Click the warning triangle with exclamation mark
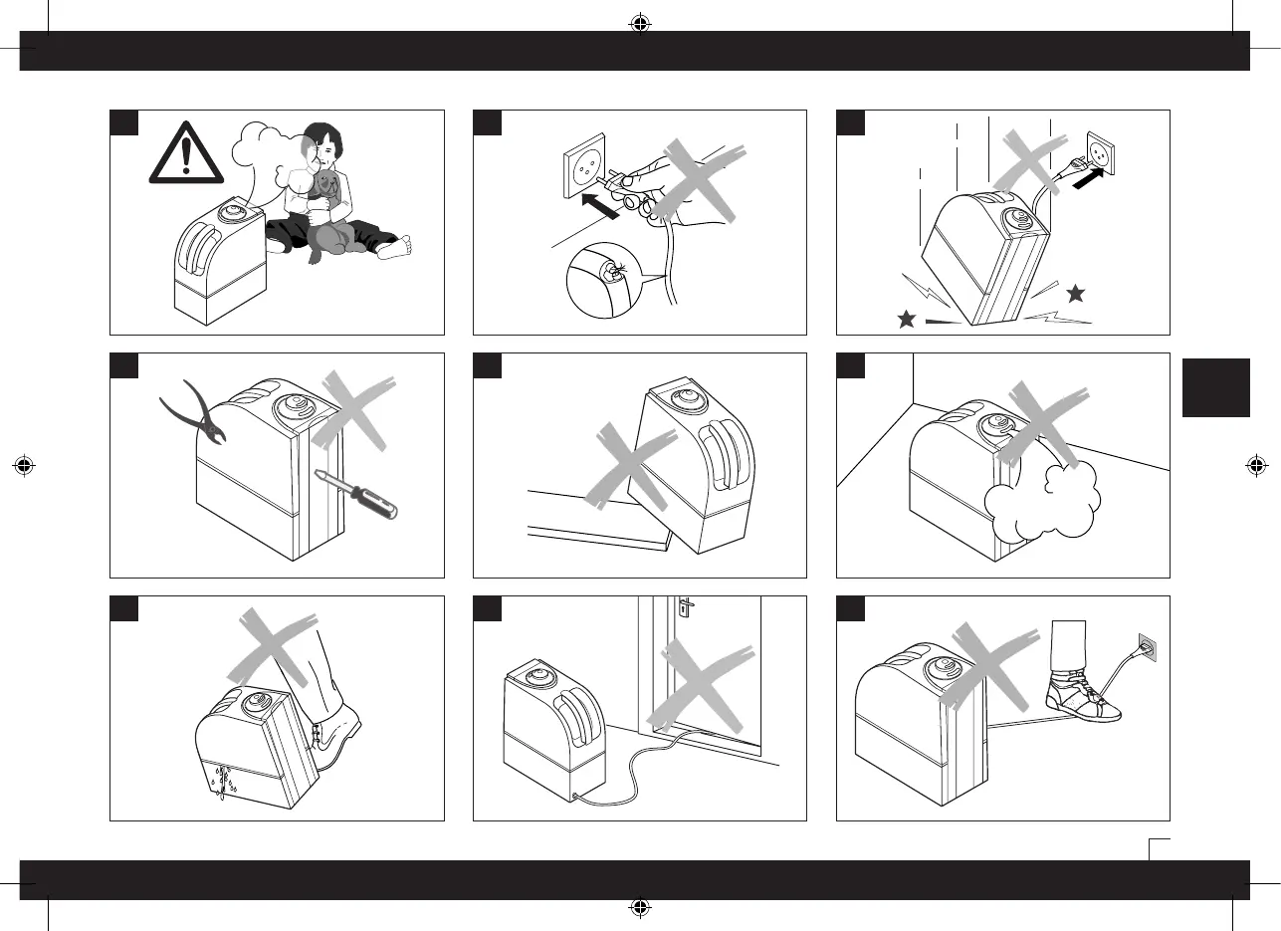186,158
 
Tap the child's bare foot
396,246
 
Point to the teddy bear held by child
326,189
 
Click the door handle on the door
686,608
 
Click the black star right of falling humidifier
1074,294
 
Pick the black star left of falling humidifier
906,320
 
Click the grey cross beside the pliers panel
355,409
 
